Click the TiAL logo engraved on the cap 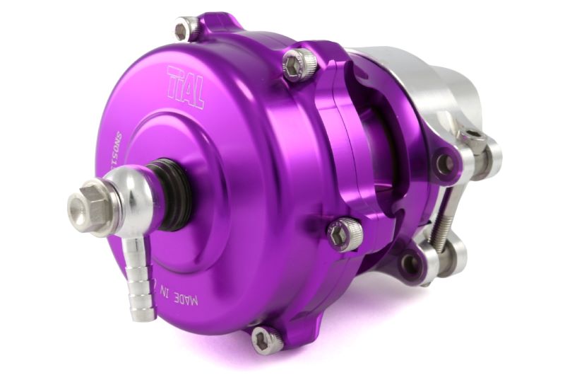click(185, 86)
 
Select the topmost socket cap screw click(186, 28)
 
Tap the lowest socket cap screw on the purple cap click(266, 340)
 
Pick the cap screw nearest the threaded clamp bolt click(345, 233)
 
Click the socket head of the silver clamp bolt click(472, 139)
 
